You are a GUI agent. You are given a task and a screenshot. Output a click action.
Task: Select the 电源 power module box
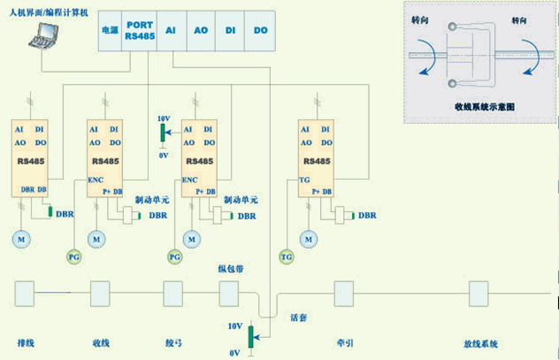[x=109, y=29]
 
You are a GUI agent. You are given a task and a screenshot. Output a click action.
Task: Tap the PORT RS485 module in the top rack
[x=139, y=29]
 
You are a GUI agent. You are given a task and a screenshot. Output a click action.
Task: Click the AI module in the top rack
[x=172, y=29]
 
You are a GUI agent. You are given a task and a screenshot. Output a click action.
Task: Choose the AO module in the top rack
[x=200, y=29]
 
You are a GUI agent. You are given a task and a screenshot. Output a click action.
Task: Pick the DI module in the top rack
[x=230, y=29]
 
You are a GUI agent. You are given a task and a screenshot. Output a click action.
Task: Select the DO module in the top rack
[x=259, y=29]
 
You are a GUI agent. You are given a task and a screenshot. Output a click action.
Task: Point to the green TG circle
[x=286, y=257]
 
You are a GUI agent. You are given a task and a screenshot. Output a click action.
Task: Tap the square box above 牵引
[x=342, y=292]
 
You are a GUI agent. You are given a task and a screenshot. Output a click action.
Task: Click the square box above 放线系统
[x=479, y=292]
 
